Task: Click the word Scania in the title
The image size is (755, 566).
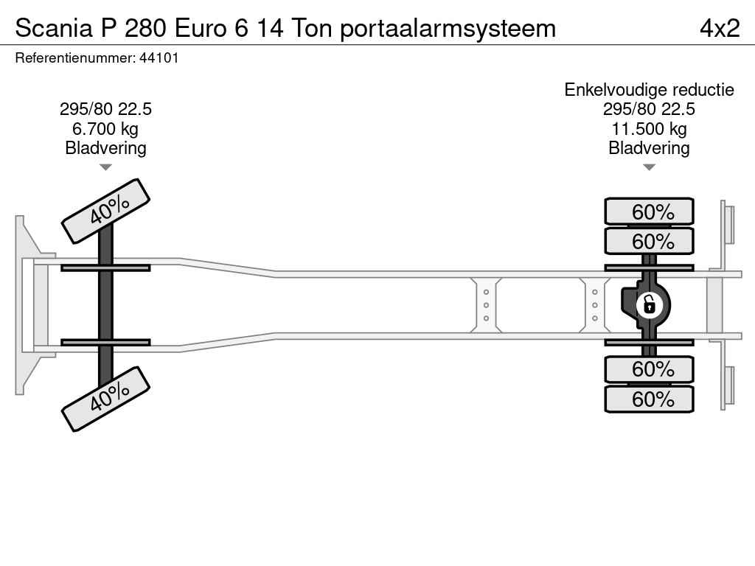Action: click(53, 28)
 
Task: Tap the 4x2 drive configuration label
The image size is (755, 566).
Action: click(720, 28)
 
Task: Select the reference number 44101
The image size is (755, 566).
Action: click(159, 57)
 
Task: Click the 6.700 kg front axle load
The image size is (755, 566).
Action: click(105, 129)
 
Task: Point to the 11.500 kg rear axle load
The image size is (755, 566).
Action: click(649, 129)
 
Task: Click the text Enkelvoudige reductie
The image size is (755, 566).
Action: click(649, 90)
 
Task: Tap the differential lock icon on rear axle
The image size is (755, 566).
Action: click(649, 305)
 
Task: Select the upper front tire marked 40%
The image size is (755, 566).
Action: click(106, 211)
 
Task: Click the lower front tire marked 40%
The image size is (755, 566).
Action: click(106, 399)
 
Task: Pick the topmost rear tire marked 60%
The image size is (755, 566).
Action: click(649, 212)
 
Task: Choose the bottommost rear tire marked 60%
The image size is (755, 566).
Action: click(649, 399)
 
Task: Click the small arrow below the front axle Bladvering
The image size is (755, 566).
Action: click(105, 167)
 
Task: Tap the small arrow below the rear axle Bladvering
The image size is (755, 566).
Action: click(649, 167)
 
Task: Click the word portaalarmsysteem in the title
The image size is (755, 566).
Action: click(448, 29)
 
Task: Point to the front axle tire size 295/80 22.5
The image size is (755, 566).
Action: click(105, 109)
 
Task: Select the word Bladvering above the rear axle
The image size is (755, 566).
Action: click(649, 148)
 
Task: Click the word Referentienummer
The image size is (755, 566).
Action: click(74, 57)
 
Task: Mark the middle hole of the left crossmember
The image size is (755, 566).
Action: click(486, 305)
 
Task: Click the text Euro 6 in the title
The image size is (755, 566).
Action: click(212, 28)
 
